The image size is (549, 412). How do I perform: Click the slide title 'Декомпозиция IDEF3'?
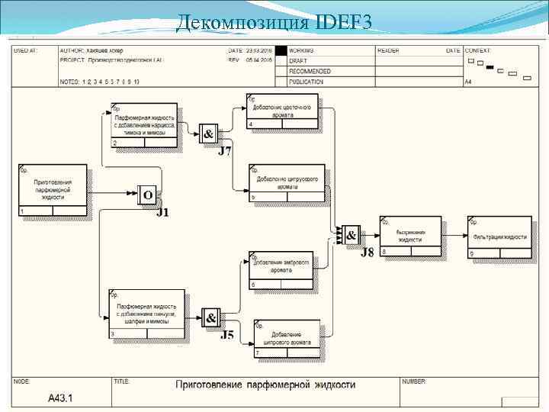tap(274, 23)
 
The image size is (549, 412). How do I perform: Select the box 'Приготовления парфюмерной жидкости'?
tap(53, 189)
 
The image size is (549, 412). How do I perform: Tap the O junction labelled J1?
tap(148, 195)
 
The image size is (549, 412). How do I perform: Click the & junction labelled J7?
tap(208, 134)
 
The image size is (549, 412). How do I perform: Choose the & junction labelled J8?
tap(351, 236)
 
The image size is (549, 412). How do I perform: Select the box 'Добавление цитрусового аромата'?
tap(287, 183)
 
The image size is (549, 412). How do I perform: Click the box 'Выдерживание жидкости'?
tap(410, 235)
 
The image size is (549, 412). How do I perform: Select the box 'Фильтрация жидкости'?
tap(499, 237)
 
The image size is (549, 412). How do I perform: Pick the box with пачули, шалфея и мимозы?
tap(146, 314)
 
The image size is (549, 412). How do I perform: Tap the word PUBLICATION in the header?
tap(307, 81)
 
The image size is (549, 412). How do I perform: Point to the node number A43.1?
tap(61, 398)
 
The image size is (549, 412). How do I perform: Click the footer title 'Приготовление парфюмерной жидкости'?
tap(266, 385)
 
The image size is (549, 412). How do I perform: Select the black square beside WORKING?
tap(281, 51)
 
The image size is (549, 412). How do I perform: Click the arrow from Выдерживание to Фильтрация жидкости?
tap(455, 236)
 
